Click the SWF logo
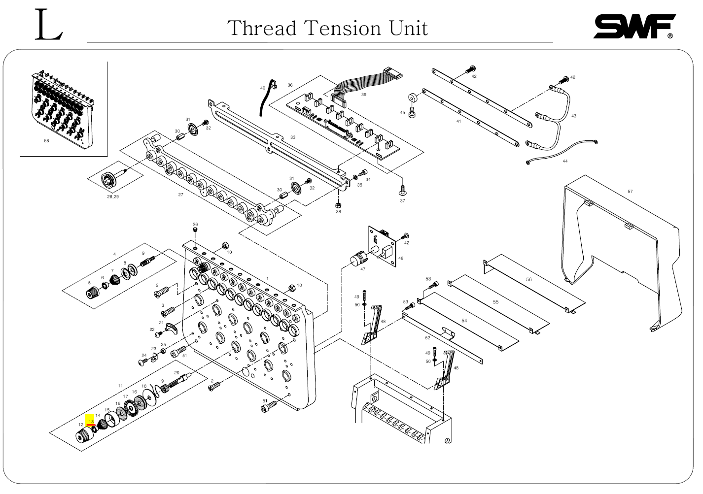(633, 26)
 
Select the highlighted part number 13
(91, 422)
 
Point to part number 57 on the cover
(630, 192)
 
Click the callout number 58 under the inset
(47, 141)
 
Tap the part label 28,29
(112, 197)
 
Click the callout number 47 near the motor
(363, 269)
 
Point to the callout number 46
(400, 258)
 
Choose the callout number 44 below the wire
(565, 161)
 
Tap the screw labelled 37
(402, 189)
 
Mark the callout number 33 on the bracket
(293, 137)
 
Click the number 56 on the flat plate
(529, 279)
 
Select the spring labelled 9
(147, 262)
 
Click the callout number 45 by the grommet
(402, 113)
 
